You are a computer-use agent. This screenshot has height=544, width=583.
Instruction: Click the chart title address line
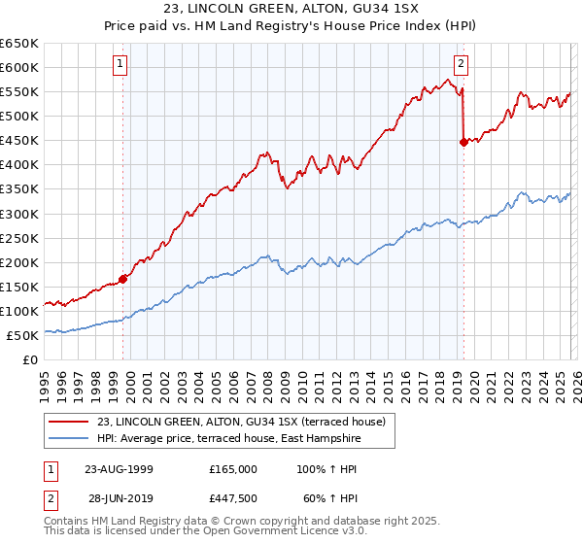[x=291, y=10]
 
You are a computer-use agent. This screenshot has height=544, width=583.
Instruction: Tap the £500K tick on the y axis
[x=19, y=116]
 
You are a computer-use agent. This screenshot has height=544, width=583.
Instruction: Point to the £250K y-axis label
[x=19, y=238]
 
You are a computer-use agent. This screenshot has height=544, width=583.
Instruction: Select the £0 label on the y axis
[x=29, y=359]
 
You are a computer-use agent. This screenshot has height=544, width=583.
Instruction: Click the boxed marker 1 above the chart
[x=120, y=65]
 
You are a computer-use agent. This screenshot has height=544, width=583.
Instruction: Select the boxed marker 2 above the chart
[x=461, y=65]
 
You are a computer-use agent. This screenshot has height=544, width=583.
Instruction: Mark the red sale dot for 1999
[x=123, y=279]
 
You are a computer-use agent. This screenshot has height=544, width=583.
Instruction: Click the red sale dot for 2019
[x=463, y=141]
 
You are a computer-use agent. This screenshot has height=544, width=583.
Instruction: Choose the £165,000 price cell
[x=232, y=468]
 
